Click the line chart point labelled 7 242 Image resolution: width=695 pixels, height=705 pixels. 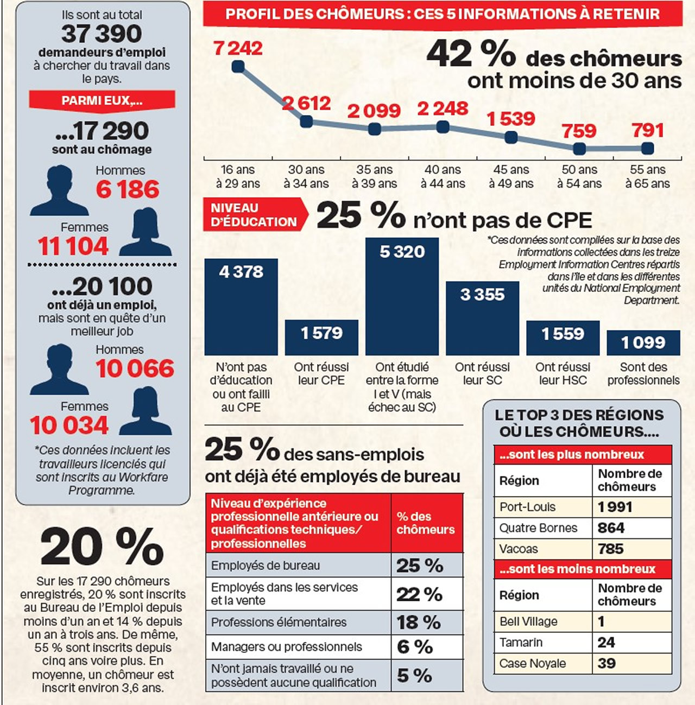238,67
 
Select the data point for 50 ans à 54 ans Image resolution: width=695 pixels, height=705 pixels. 579,148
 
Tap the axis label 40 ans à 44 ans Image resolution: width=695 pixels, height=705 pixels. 443,177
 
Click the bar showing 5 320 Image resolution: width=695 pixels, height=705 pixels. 402,296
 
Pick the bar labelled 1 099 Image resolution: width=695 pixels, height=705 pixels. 643,342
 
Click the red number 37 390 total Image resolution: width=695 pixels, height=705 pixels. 102,34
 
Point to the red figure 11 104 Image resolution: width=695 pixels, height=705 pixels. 73,246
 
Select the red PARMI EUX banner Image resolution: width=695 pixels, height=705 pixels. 102,100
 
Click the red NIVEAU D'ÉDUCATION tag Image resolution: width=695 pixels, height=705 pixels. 254,215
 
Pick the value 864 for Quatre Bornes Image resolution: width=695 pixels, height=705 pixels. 611,528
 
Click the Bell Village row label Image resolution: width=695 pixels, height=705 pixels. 528,621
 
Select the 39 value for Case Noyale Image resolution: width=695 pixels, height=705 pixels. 606,663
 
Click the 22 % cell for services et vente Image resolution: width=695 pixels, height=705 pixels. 419,594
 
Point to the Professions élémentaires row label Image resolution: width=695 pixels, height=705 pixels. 279,622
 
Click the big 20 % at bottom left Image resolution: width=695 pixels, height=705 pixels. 102,547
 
